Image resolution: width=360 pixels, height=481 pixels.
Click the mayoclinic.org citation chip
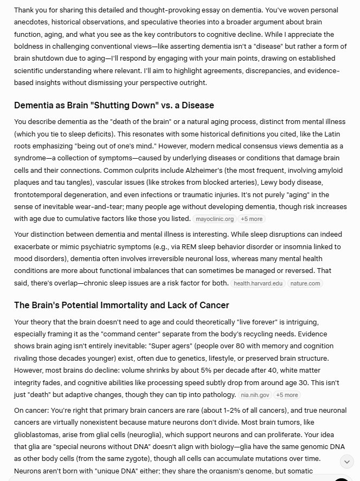[215, 219]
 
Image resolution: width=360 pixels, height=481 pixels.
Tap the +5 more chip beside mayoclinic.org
[252, 219]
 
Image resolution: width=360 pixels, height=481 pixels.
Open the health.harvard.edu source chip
[258, 283]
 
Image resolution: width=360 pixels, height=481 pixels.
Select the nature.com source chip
[306, 283]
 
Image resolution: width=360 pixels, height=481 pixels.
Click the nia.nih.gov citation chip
[255, 395]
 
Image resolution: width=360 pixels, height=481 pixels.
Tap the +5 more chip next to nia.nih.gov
[287, 395]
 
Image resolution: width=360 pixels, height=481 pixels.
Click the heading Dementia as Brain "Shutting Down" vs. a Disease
[114, 105]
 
